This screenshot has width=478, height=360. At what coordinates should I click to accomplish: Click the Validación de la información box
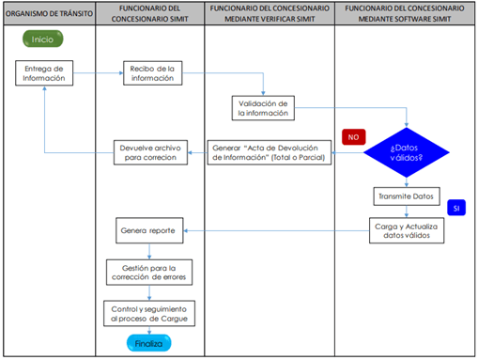pyautogui.click(x=267, y=107)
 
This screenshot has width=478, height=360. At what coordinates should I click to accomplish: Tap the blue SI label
pyautogui.click(x=456, y=207)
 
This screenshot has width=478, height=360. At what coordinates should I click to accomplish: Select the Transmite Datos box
pyautogui.click(x=405, y=197)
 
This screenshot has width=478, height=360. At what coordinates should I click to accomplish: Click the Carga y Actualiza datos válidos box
pyautogui.click(x=406, y=230)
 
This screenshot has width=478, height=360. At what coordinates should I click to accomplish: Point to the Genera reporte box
pyautogui.click(x=149, y=230)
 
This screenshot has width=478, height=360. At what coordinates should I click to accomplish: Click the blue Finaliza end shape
pyautogui.click(x=149, y=344)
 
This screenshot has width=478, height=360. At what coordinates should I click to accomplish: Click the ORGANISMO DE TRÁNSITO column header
pyautogui.click(x=48, y=15)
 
